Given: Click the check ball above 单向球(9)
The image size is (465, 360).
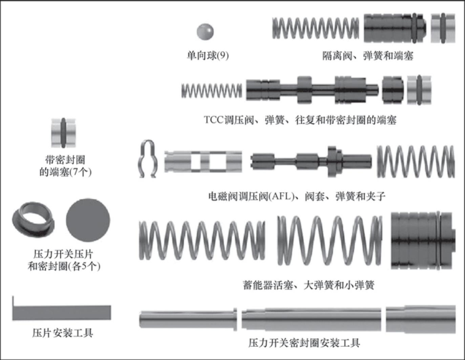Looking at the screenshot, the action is click(205, 31).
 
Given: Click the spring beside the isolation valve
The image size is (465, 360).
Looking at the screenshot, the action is click(315, 28).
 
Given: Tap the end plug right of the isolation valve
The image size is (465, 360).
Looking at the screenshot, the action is click(443, 28).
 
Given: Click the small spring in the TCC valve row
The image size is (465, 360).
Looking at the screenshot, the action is click(212, 90).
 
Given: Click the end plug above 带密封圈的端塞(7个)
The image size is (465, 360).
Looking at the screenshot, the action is click(63, 133).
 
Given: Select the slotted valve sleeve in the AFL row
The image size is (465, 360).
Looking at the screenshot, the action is click(203, 161).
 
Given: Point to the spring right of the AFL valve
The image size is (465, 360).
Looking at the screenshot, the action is click(416, 162).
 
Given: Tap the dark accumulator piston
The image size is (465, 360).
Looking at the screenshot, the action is click(423, 240).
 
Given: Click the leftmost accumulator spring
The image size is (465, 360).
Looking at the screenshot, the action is click(202, 240).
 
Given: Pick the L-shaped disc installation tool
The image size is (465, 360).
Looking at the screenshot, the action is click(62, 312).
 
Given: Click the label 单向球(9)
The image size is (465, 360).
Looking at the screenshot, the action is click(208, 55).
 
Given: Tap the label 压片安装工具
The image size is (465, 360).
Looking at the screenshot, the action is click(63, 333).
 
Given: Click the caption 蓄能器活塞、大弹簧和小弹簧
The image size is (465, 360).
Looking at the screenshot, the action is click(309, 285).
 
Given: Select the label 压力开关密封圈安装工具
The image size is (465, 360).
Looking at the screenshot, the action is click(304, 343).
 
